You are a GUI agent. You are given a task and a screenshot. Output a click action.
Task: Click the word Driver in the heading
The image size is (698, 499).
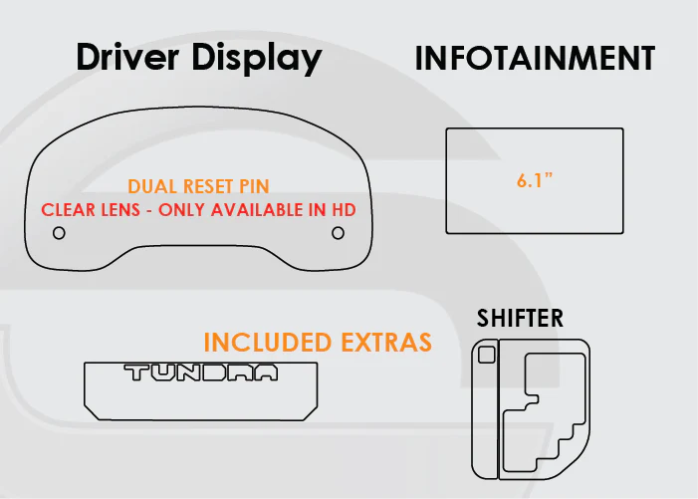(127, 57)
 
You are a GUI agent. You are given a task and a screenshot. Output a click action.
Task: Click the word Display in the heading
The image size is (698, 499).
(257, 59)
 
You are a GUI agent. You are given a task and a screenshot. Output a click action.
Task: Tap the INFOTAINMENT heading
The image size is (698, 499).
(535, 59)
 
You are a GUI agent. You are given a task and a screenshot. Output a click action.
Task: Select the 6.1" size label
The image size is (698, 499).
(534, 180)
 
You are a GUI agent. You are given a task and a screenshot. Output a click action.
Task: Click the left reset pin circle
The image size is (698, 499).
(59, 233)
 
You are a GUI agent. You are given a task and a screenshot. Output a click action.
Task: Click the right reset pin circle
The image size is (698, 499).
(338, 233)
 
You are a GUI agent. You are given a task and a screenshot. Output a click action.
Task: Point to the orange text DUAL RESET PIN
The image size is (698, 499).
(198, 186)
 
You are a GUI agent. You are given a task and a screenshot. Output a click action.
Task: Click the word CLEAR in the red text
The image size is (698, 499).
(67, 210)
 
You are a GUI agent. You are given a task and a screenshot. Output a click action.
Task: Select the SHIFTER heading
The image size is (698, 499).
(520, 319)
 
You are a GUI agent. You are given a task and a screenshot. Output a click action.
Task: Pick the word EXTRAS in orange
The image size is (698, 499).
(386, 343)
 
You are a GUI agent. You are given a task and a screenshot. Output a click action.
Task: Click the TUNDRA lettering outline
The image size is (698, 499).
(201, 374)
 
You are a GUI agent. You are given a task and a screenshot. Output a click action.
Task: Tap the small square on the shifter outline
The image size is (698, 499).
(487, 355)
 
